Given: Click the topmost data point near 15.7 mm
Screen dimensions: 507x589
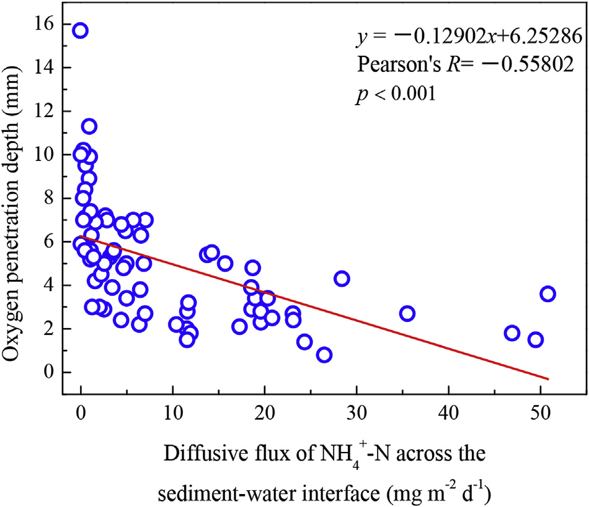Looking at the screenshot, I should (80, 31).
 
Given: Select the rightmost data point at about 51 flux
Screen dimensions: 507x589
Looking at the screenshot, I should (547, 294).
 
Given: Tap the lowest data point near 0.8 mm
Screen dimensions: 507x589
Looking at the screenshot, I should (324, 355).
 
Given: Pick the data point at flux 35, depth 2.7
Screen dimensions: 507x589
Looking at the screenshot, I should (407, 313).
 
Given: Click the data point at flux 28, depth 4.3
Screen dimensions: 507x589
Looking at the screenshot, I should (342, 279).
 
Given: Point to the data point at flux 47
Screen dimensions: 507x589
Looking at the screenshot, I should (512, 333).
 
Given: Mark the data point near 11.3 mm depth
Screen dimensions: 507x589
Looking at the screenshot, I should (89, 126).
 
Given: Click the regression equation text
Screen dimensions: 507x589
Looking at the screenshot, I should (468, 37).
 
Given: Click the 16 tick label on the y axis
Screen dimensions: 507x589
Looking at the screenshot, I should (45, 24).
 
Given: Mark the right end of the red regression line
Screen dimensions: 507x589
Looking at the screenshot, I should (549, 379).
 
